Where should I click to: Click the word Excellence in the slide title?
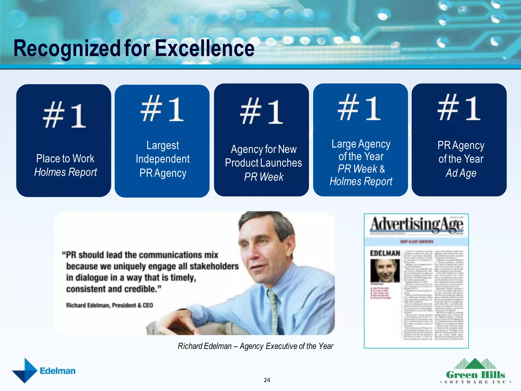point(205,48)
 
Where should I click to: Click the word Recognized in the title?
point(67,48)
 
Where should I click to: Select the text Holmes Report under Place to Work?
point(66,172)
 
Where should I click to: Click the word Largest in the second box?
point(163,145)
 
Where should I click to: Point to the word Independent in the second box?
point(163,159)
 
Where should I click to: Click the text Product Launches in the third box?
point(263,163)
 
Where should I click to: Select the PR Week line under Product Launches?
point(264,177)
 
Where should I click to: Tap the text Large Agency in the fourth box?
point(361,144)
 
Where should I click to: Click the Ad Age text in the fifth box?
point(461,173)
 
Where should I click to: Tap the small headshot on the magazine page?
point(385,271)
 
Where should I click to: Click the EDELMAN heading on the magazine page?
point(385,253)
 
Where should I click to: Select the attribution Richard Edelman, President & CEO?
point(109,305)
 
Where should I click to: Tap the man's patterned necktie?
point(274,308)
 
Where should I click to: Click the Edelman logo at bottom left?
point(44,371)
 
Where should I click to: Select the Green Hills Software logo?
point(475,371)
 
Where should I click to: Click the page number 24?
point(267,380)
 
